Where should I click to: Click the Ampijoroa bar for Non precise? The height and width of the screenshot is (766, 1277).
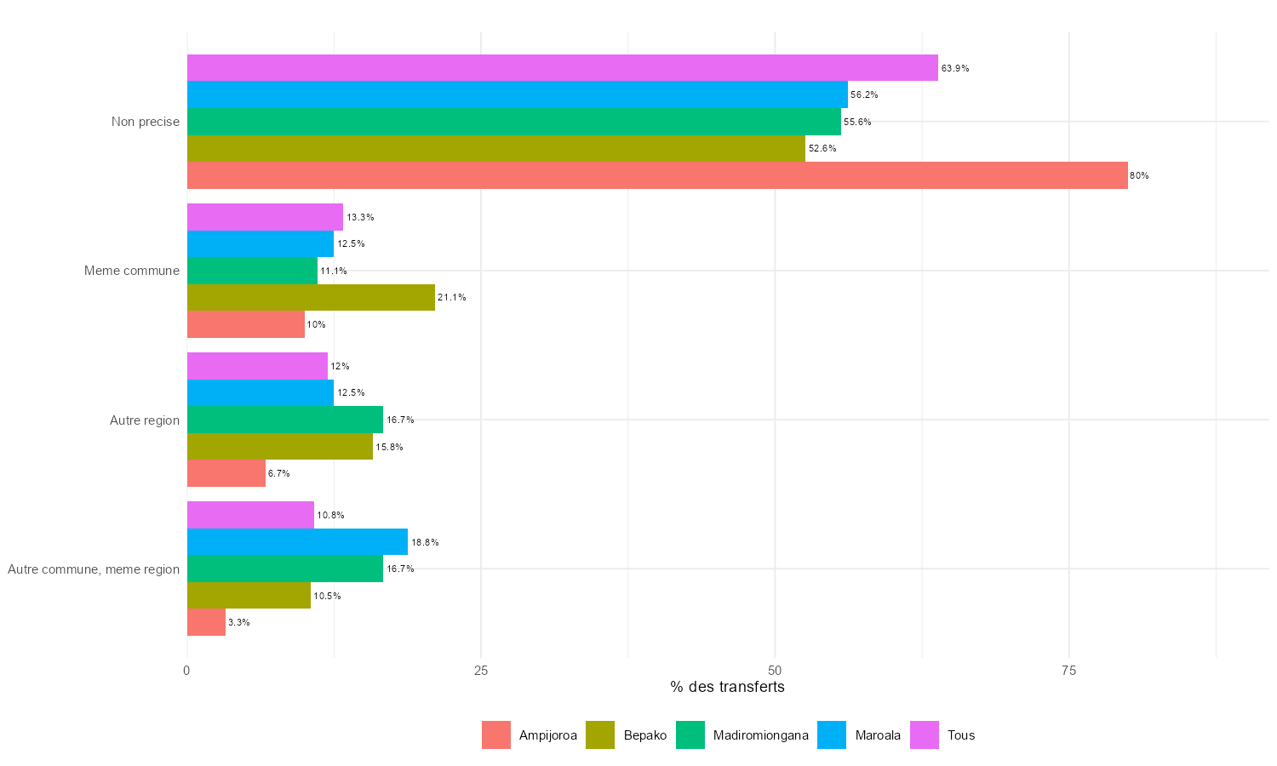click(x=657, y=175)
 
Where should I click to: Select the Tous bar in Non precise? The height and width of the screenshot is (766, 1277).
click(x=562, y=68)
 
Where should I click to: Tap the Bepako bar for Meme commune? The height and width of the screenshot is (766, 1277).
click(x=311, y=298)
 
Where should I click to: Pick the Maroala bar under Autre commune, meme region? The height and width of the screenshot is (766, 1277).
click(x=297, y=542)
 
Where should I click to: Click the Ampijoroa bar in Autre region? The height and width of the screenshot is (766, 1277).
click(x=226, y=473)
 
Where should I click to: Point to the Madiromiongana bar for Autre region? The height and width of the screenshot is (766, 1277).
click(x=285, y=420)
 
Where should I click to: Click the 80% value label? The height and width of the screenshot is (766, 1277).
click(x=1139, y=176)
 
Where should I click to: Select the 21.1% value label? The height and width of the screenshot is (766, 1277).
click(x=451, y=298)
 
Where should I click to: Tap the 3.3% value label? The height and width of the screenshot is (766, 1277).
click(x=239, y=623)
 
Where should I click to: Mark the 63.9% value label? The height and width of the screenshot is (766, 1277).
click(x=955, y=69)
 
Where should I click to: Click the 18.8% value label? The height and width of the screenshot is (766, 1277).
click(x=425, y=543)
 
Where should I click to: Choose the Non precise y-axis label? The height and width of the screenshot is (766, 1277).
click(x=146, y=122)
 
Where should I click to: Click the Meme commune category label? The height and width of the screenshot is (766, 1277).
click(x=132, y=271)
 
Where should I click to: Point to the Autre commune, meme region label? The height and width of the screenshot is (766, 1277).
click(x=94, y=569)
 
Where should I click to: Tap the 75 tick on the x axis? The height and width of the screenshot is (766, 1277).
click(x=1068, y=671)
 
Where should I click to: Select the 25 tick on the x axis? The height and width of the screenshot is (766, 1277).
click(x=481, y=671)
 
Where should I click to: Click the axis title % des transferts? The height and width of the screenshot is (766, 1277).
click(x=727, y=687)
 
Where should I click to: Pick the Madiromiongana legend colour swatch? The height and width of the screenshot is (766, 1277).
click(x=690, y=735)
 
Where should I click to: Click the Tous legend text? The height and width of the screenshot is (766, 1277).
click(x=961, y=735)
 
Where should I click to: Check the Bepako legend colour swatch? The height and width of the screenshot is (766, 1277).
click(x=600, y=735)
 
